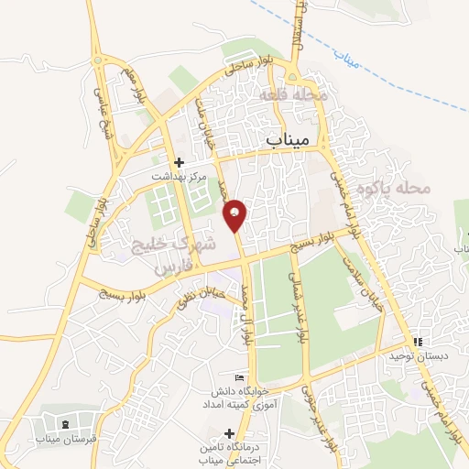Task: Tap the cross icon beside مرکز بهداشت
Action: [x=180, y=161]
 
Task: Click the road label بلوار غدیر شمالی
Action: [x=300, y=305]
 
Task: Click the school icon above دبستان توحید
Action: [x=418, y=342]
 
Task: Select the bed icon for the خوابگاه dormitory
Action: [x=240, y=378]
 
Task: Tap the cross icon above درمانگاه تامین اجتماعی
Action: [x=229, y=432]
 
